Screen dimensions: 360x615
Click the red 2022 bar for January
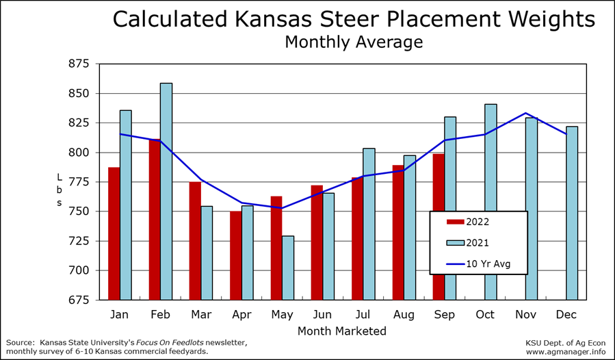[x=114, y=233]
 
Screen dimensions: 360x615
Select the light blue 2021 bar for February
[x=166, y=192]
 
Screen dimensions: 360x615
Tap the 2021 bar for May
[x=288, y=268]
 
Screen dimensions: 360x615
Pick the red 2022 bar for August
[x=398, y=232]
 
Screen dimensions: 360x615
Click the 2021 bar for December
[x=572, y=213]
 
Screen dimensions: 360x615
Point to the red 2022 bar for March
[x=195, y=240]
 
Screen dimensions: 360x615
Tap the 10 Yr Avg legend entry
[x=477, y=263]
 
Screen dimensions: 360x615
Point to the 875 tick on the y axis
[x=79, y=64]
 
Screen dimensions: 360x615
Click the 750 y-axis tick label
[x=79, y=211]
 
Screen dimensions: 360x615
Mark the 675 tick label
[x=79, y=300]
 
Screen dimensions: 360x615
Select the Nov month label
[x=525, y=314]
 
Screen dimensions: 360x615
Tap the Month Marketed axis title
[x=342, y=331]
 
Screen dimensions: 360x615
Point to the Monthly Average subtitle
[x=354, y=42]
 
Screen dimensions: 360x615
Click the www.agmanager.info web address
[x=565, y=352]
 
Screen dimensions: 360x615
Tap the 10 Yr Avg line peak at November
[x=525, y=113]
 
